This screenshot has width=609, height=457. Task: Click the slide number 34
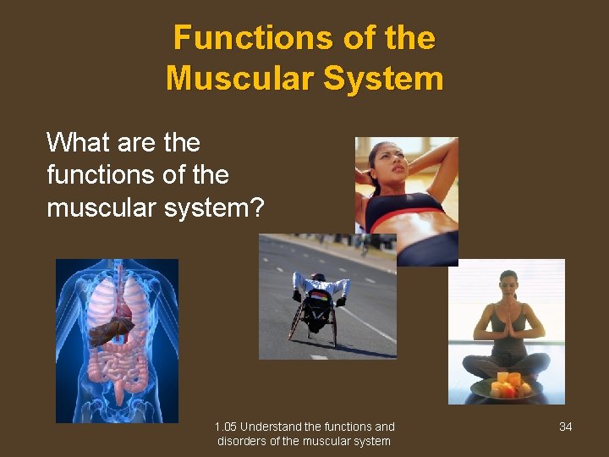(x=566, y=427)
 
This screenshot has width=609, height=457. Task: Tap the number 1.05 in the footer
(x=226, y=427)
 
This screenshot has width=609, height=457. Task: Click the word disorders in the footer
(x=242, y=441)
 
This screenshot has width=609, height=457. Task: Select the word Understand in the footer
(x=273, y=427)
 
